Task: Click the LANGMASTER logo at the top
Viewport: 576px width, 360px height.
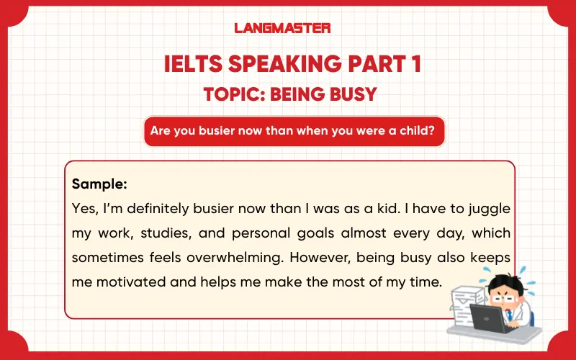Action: (282, 28)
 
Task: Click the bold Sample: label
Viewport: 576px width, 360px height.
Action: (99, 184)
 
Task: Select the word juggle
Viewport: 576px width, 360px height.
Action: (487, 209)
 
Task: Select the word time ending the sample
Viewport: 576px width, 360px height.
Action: (423, 282)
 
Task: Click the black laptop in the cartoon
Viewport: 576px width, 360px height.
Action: (485, 317)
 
